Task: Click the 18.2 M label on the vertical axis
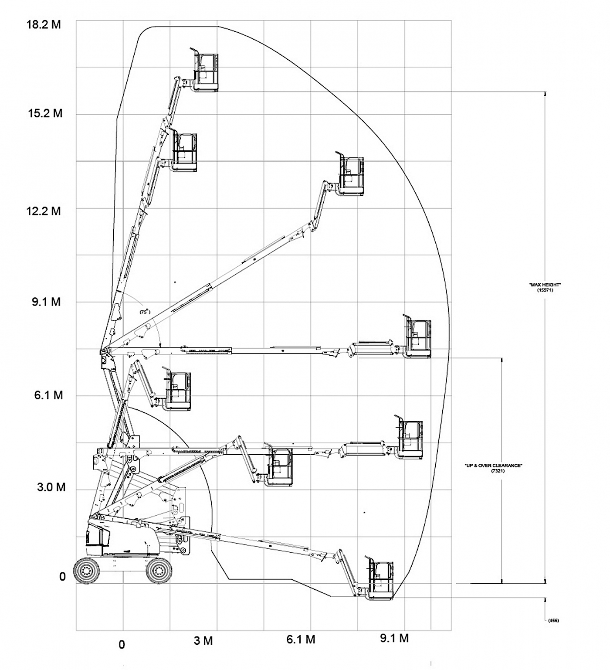tap(44, 24)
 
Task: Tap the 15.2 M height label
tap(45, 114)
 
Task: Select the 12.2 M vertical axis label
tap(44, 211)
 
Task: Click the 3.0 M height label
tap(51, 487)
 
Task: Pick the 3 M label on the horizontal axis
tap(203, 641)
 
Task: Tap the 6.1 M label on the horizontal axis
tap(301, 640)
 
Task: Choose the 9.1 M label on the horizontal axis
tap(394, 639)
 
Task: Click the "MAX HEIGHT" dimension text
tap(545, 285)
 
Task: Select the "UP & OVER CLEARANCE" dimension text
tap(493, 466)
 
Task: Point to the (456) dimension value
tap(553, 620)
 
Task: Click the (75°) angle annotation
tap(144, 312)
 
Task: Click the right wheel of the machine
tap(158, 570)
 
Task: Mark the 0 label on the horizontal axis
tap(122, 644)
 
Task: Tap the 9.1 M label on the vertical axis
tap(46, 302)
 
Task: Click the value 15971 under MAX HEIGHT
tap(545, 290)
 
